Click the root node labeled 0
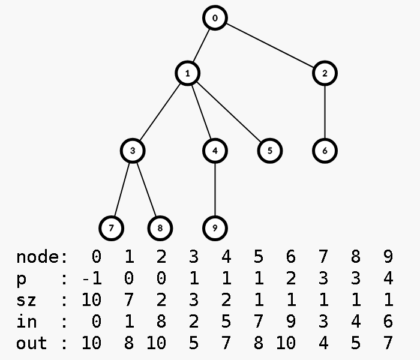pyautogui.click(x=215, y=18)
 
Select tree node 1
pyautogui.click(x=188, y=73)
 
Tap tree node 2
pyautogui.click(x=325, y=73)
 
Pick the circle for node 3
pyautogui.click(x=133, y=150)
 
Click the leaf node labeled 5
pyautogui.click(x=270, y=150)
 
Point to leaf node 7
pyautogui.click(x=112, y=228)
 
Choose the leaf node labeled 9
pyautogui.click(x=215, y=228)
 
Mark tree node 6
pyautogui.click(x=325, y=150)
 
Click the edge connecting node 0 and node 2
pyautogui.click(x=270, y=46)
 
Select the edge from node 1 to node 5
pyautogui.click(x=229, y=112)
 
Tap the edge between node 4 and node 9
pyautogui.click(x=215, y=189)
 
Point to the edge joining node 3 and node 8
pyautogui.click(x=146, y=189)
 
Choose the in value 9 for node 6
pyautogui.click(x=291, y=322)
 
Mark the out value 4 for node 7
pyautogui.click(x=323, y=343)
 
